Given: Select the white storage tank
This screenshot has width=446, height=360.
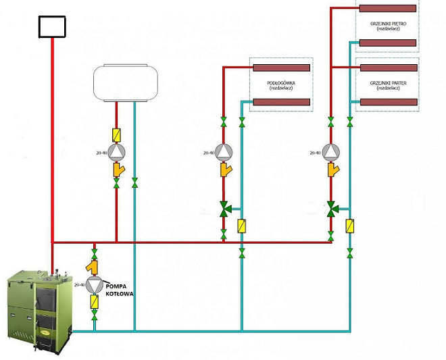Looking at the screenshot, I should point(125,82).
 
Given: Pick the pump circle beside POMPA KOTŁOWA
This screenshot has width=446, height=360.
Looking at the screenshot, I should point(95,285).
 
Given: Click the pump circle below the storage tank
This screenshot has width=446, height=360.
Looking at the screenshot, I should point(116,153).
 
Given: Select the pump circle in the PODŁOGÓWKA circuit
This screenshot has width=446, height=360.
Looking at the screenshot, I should point(224,153).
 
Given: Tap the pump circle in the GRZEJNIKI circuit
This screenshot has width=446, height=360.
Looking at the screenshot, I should point(331,153).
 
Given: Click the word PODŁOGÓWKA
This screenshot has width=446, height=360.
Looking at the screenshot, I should point(281,82).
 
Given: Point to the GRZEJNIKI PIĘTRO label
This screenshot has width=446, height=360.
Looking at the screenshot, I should point(389,22).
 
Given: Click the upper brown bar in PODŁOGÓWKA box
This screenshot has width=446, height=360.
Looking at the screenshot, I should point(281,68).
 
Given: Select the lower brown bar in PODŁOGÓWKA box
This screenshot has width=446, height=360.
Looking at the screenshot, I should point(281,102).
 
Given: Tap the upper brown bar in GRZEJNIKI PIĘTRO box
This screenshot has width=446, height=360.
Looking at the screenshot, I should point(389,9).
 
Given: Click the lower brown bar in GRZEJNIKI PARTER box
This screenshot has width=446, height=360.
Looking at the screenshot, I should point(389,102).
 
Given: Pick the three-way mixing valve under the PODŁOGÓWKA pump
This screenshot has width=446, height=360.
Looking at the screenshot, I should point(224,209).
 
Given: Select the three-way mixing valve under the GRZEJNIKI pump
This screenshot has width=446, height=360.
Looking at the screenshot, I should point(331,209).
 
